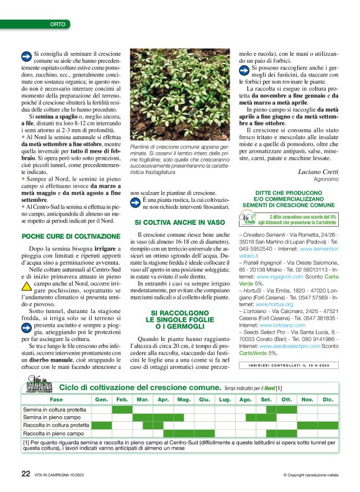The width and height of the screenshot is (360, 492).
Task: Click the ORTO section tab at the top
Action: tap(57, 24)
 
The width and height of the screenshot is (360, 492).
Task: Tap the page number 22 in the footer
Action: tap(25, 473)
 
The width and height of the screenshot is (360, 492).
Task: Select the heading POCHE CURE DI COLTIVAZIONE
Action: tap(71, 236)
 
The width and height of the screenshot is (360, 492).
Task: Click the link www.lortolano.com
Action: tap(282, 325)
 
